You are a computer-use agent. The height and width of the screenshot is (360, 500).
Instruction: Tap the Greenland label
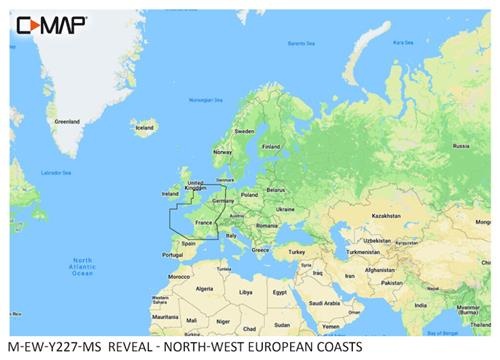(66, 122)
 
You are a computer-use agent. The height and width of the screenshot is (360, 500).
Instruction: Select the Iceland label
(145, 129)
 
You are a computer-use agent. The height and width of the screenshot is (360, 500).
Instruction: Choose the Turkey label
(295, 253)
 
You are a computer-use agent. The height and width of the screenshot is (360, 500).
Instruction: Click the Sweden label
(244, 131)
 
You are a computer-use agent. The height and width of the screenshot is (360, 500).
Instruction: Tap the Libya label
(246, 292)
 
